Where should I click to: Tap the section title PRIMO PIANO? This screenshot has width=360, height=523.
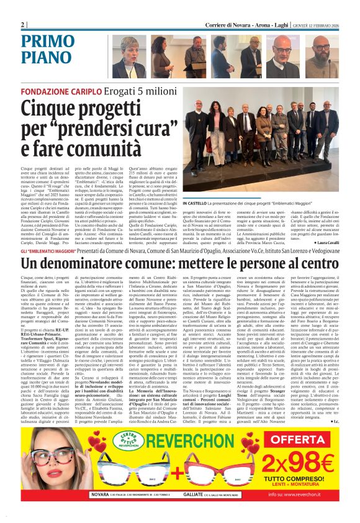[x=47, y=49]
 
